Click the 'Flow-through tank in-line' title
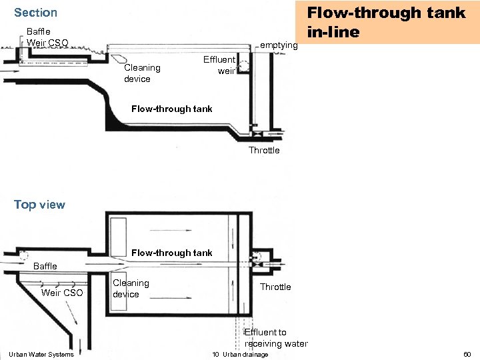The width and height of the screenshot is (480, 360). [385, 22]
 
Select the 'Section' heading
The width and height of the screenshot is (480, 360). [35, 13]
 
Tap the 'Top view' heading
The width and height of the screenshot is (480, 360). [39, 205]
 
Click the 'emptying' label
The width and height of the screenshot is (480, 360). [279, 45]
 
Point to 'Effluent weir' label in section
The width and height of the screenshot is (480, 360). [219, 65]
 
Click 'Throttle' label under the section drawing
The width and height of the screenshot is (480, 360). [264, 150]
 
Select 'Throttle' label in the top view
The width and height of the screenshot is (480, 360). [275, 287]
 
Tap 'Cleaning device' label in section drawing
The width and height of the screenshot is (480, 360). [142, 73]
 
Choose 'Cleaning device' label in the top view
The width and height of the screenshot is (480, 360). [131, 289]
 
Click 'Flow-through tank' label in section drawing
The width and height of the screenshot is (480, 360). [172, 109]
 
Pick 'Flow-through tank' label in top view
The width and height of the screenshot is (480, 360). [172, 253]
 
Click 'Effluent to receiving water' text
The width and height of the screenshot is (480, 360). [275, 338]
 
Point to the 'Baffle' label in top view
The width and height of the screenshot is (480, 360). [45, 266]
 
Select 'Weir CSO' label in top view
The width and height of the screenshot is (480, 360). [62, 293]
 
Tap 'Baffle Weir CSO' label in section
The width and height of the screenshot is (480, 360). [47, 37]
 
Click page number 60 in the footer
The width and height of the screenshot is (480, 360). [467, 354]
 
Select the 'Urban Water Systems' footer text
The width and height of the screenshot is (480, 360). [42, 354]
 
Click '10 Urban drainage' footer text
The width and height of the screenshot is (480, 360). [240, 354]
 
